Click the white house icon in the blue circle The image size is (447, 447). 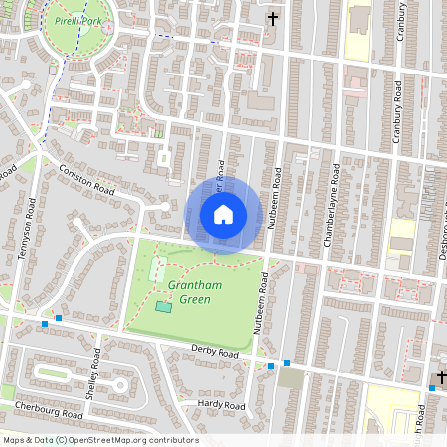223,215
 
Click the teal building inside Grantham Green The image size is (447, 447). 162,306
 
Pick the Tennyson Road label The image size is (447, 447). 28,228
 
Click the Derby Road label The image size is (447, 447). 215,353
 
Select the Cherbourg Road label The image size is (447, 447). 43,412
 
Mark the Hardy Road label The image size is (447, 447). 221,405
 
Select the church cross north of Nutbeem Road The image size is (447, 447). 273,18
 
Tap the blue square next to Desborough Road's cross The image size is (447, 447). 432,388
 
